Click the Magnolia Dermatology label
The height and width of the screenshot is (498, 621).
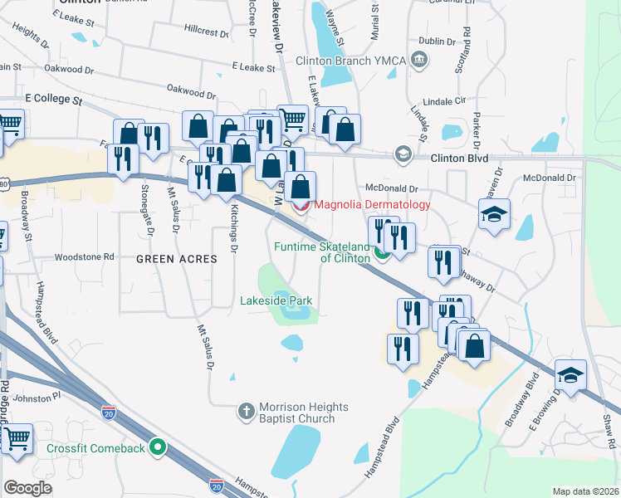pos(370,204)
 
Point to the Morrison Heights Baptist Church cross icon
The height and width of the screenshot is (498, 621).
pos(246,411)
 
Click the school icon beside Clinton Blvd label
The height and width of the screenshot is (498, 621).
pos(403,154)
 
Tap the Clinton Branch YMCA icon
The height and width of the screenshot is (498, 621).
pos(420,59)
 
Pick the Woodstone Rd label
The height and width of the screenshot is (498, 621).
pos(86,257)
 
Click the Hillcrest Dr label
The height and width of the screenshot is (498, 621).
pos(206,32)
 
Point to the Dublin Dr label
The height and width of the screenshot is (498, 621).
pos(438,41)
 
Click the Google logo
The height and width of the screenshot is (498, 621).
pos(27,488)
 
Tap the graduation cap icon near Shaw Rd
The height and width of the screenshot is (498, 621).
pos(570,374)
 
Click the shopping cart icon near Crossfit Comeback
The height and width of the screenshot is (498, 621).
pos(17,439)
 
